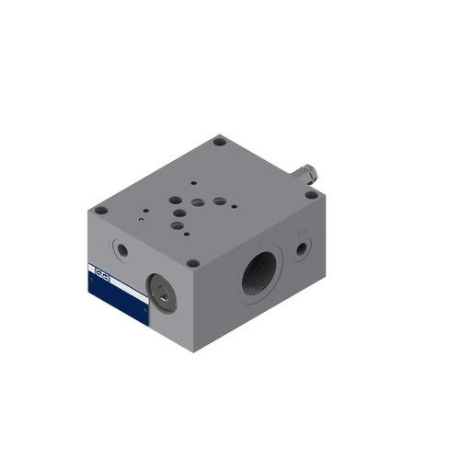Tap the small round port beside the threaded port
[302, 247]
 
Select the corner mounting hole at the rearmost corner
[219, 143]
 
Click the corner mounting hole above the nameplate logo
[102, 212]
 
